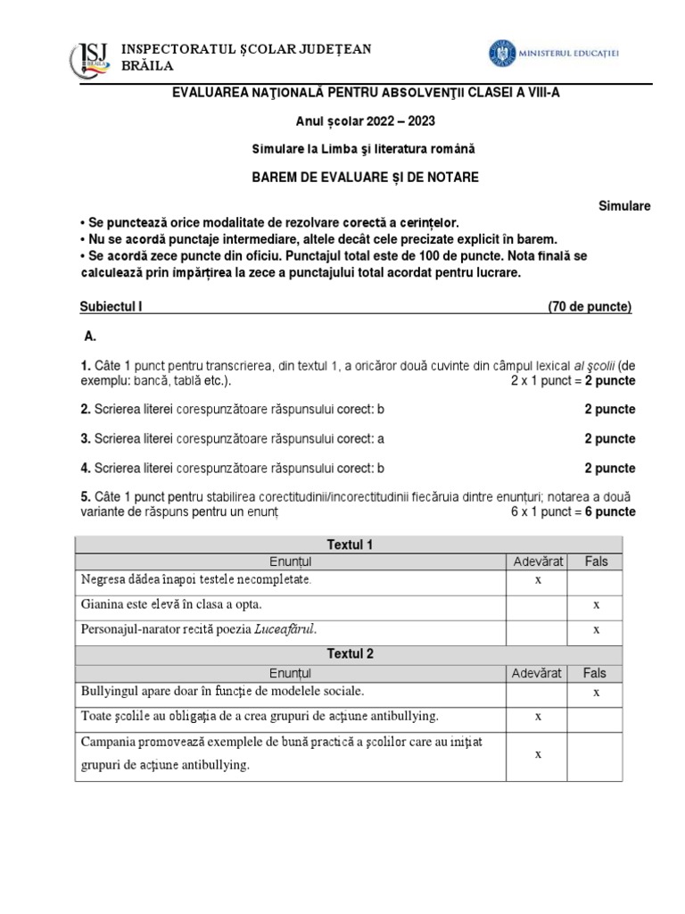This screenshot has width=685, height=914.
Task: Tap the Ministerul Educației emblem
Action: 501,53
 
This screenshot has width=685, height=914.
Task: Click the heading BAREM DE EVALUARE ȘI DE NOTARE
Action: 365,177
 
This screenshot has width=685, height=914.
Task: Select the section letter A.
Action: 88,338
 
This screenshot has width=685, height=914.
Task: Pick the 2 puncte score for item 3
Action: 610,438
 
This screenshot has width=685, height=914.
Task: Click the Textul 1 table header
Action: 349,544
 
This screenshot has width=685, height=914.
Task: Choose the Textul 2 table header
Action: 349,653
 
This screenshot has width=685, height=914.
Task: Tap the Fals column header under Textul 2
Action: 595,673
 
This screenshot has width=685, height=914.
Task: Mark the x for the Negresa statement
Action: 538,579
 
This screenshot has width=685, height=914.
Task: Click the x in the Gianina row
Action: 595,604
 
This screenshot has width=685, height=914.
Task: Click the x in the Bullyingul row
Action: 595,692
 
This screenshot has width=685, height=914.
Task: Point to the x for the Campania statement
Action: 538,754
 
